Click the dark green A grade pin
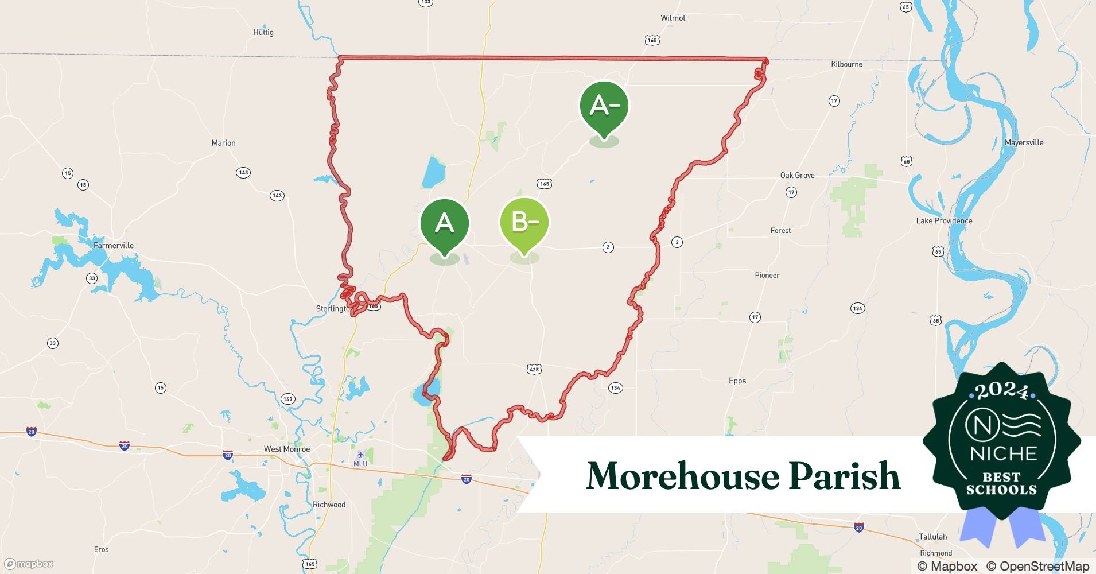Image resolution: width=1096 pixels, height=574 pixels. [445, 224]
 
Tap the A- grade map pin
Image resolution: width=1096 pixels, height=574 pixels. [604, 106]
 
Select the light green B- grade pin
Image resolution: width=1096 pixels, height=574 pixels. [524, 223]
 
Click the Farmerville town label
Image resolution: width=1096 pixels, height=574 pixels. [114, 246]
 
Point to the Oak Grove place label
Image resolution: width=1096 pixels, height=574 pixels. [797, 176]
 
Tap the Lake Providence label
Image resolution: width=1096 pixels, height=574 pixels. [944, 221]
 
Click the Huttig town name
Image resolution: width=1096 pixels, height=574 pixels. [263, 33]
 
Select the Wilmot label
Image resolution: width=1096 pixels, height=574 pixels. [673, 18]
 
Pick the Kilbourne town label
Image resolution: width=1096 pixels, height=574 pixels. [846, 65]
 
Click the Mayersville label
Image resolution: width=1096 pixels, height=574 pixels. [1024, 143]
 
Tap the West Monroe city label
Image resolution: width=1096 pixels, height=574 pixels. [287, 449]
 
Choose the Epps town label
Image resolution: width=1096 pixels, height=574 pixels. [737, 381]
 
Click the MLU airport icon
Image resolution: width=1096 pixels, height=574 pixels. [360, 456]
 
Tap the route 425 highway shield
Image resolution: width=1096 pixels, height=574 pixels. [534, 370]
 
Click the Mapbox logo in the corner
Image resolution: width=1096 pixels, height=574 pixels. [29, 564]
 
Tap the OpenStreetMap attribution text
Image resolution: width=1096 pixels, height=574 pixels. [1037, 567]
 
